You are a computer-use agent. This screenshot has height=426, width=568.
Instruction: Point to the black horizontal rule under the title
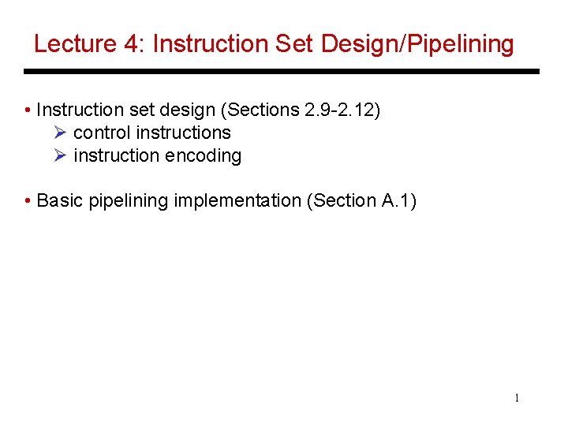[282, 72]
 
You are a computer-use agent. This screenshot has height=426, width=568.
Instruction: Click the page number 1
[517, 398]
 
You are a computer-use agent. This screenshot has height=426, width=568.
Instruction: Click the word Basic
[60, 200]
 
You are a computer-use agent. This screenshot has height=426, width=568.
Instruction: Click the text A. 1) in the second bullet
[399, 200]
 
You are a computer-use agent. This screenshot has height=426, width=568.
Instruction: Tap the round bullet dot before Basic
[28, 201]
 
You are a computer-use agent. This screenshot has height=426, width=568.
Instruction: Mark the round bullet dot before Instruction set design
[28, 110]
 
